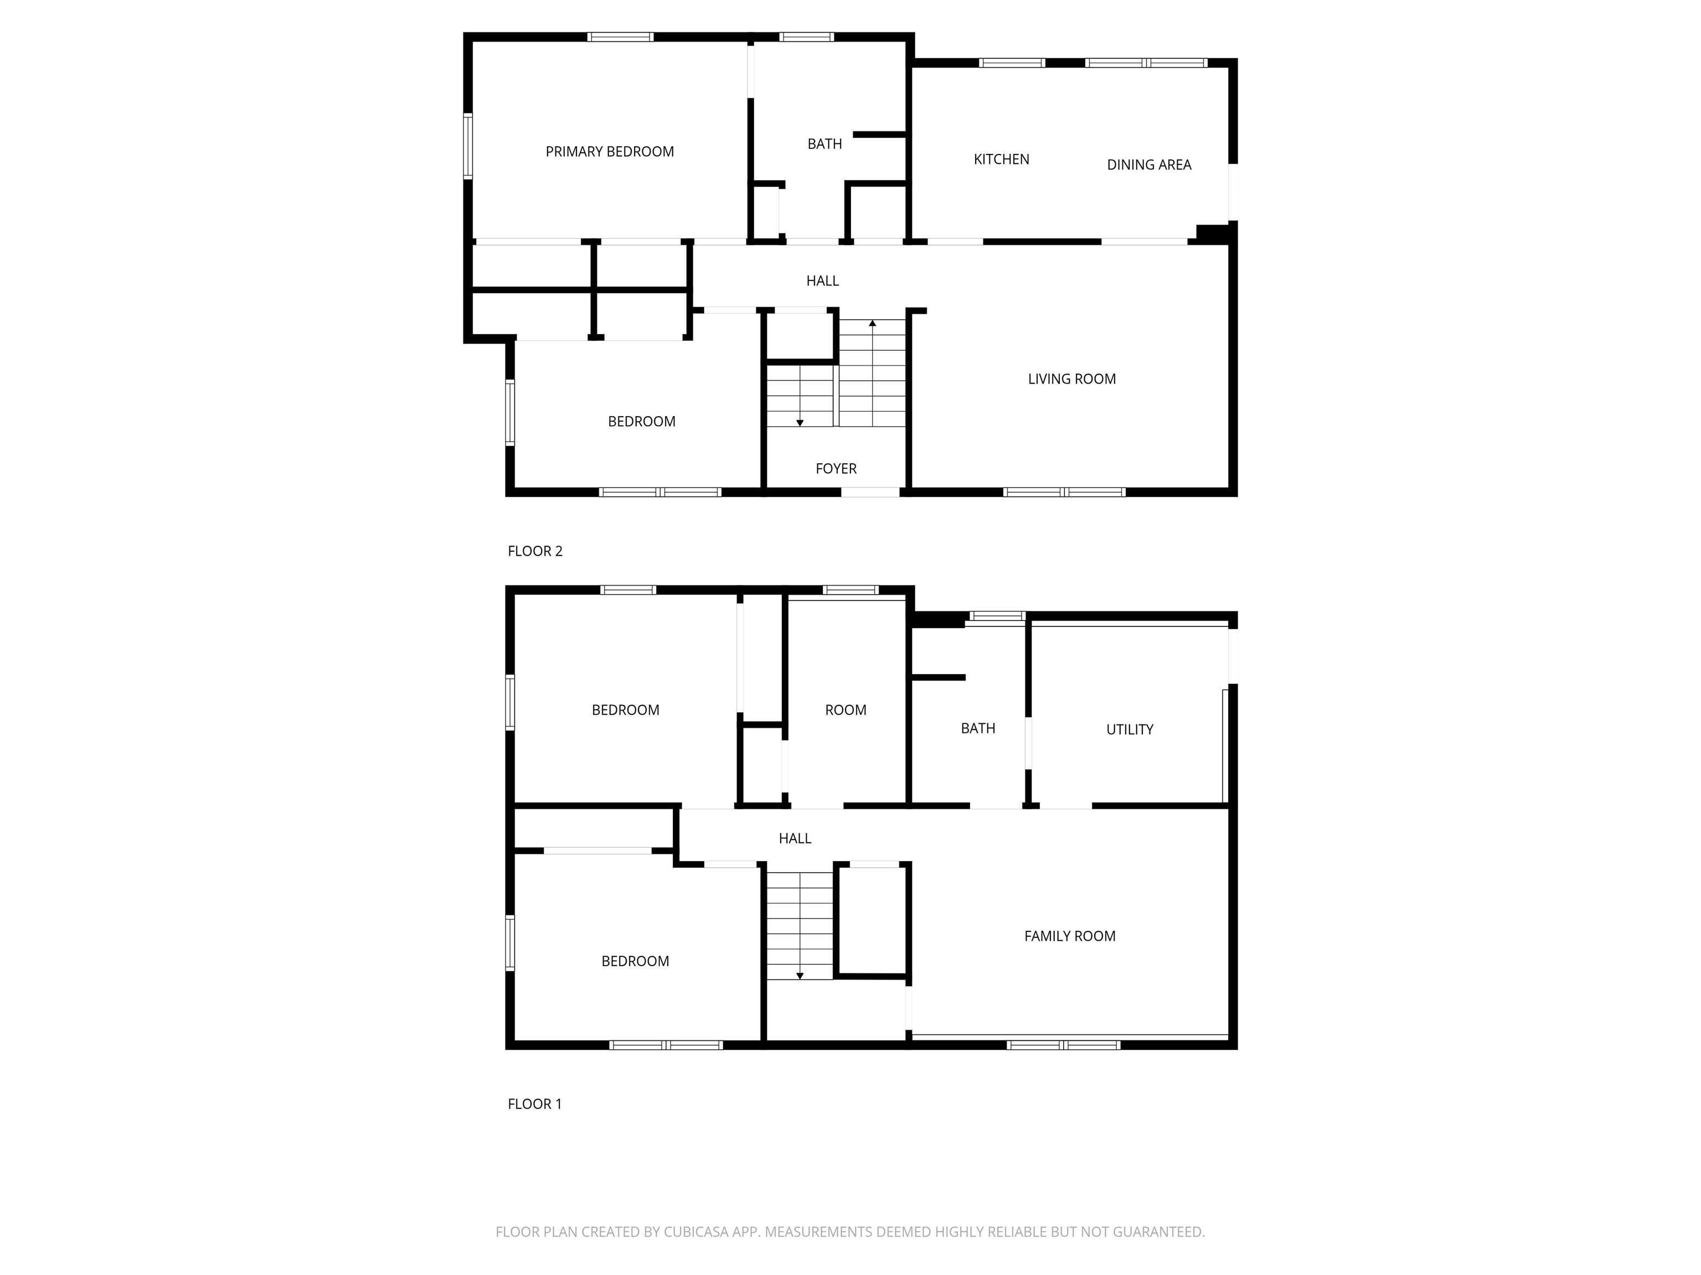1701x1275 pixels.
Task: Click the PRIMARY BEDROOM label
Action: (x=610, y=152)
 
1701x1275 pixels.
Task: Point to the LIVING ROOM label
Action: (x=1072, y=379)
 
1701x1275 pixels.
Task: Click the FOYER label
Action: (x=836, y=469)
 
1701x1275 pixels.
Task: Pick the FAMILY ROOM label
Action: (x=1070, y=936)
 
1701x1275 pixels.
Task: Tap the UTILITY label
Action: (x=1130, y=730)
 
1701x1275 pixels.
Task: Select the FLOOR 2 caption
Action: (x=535, y=551)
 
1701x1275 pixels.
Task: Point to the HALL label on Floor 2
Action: (x=822, y=281)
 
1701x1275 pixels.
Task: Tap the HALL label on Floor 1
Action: (x=795, y=838)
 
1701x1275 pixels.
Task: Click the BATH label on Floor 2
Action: (x=824, y=144)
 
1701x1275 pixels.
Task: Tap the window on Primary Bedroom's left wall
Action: (x=467, y=146)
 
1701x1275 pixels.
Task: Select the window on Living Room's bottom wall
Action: (x=1064, y=492)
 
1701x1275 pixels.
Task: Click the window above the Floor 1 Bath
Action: (x=997, y=615)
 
